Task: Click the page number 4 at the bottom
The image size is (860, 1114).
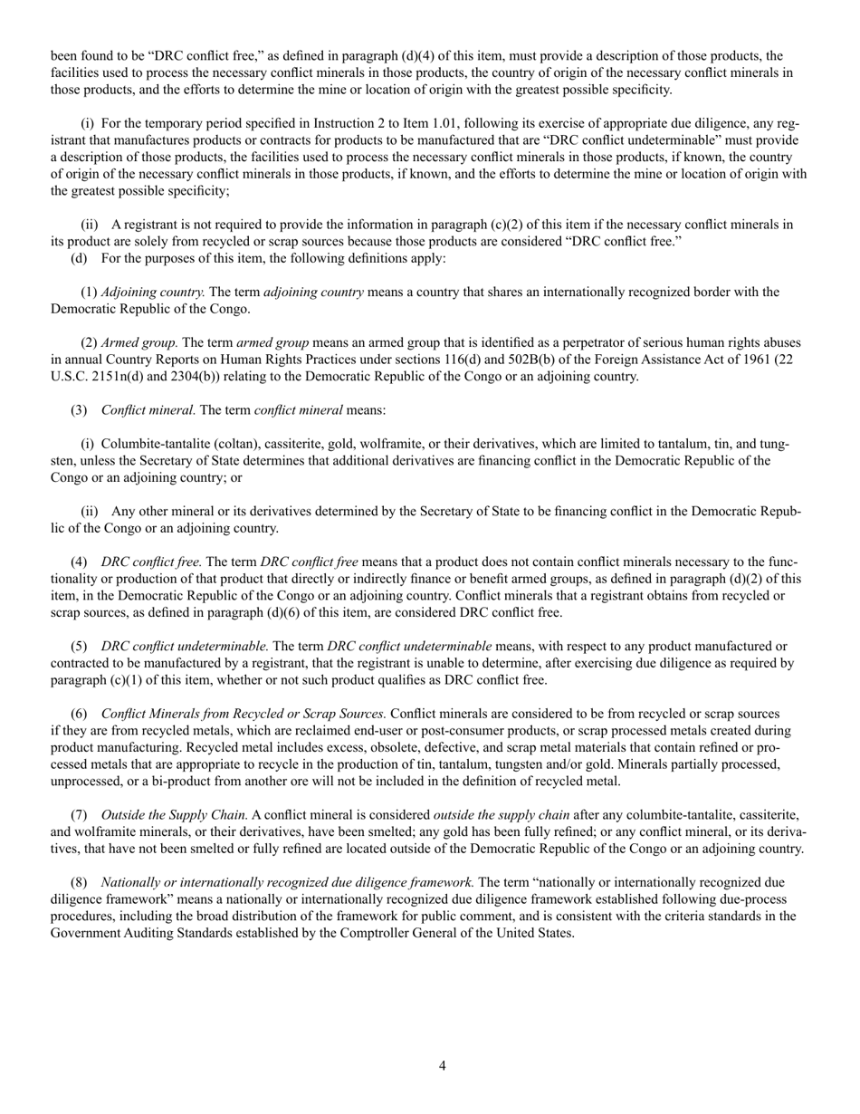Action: point(442,1066)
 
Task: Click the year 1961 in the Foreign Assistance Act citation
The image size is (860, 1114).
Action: point(731,360)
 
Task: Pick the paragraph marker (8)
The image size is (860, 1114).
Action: point(79,882)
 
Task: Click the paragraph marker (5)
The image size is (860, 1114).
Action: point(79,647)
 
